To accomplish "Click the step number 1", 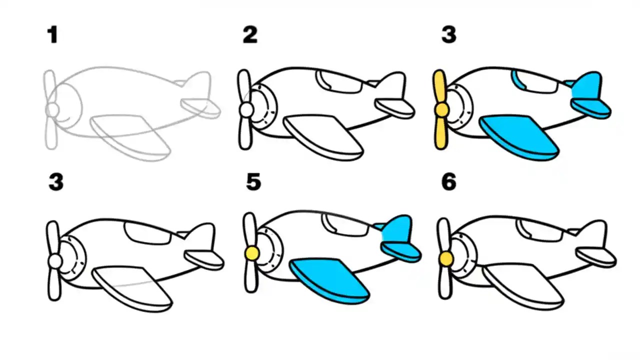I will (52, 35).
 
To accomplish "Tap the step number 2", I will (249, 35).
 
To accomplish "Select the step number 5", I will (253, 182).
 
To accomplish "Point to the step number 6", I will (448, 182).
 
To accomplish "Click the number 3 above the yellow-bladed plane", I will (448, 35).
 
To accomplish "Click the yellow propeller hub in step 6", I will (444, 258).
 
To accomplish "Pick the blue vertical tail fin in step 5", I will (397, 229).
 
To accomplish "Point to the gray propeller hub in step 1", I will (52, 108).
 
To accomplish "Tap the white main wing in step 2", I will (322, 135).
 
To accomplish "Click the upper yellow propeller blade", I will (440, 87).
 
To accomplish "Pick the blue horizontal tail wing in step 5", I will (400, 250).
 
